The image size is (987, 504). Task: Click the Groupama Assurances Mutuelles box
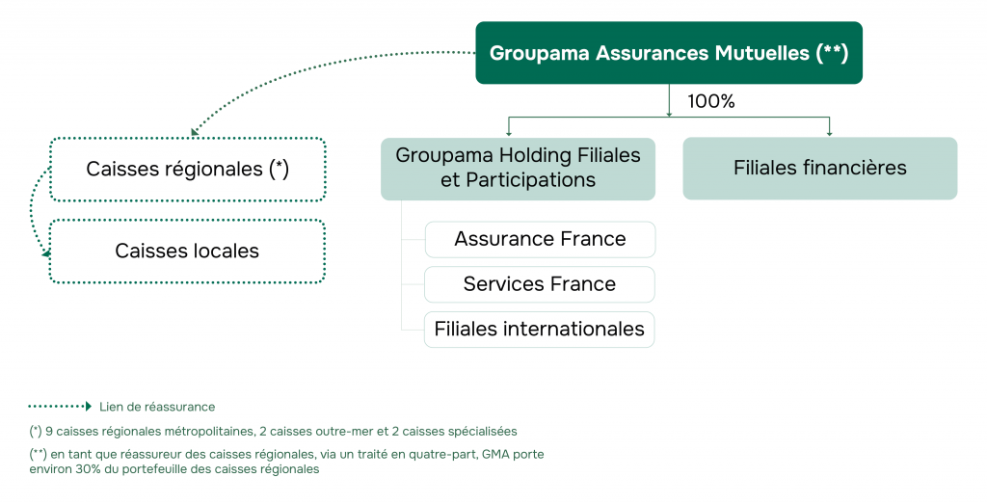[x=668, y=53]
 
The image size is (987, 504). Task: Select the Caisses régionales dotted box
[x=188, y=170]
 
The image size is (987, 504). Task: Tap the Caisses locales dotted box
[x=187, y=252]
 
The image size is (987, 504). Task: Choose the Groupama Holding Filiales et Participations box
[x=518, y=168]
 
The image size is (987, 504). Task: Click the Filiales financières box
[x=819, y=168]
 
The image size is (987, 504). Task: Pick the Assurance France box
[x=540, y=239]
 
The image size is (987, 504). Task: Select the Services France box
[x=540, y=284]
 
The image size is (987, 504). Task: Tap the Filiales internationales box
[x=540, y=329]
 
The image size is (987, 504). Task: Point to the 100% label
[x=710, y=101]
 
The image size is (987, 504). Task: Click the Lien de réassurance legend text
[x=157, y=407]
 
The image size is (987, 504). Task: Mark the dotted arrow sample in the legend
[x=60, y=407]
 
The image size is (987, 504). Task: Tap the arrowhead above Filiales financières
[x=829, y=133]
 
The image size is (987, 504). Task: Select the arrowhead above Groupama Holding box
[x=509, y=133]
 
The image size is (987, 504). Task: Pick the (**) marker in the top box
[x=832, y=53]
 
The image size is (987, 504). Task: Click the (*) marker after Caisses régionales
[x=279, y=169]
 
